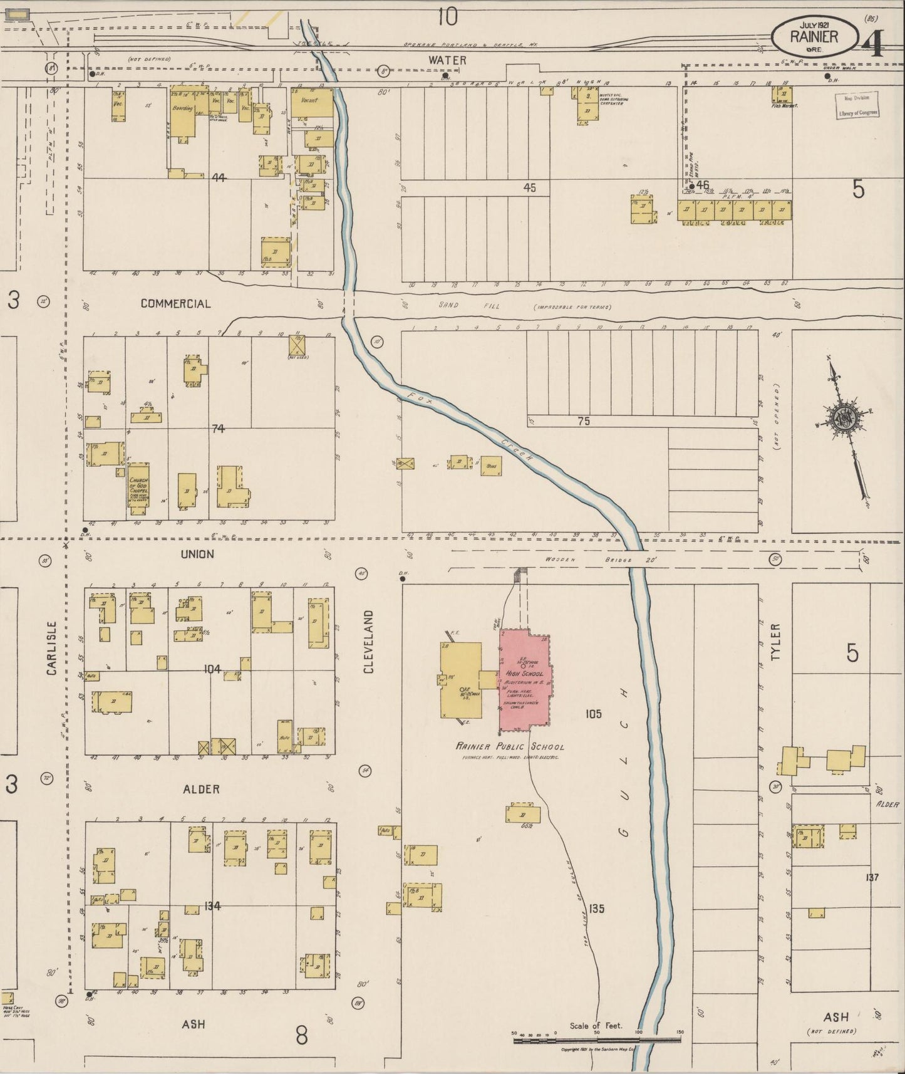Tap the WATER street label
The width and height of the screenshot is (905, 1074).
[447, 60]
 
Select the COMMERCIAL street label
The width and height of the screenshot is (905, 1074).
[175, 303]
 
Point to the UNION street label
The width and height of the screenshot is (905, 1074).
[197, 554]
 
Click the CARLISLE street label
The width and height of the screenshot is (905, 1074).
[51, 648]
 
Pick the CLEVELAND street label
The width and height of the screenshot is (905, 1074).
[368, 642]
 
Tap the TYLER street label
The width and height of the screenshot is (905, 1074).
[776, 642]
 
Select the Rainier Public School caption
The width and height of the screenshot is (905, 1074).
[510, 746]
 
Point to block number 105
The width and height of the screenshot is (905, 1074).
[593, 713]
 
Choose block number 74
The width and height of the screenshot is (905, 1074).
[217, 429]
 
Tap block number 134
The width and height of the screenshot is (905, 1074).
[212, 905]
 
